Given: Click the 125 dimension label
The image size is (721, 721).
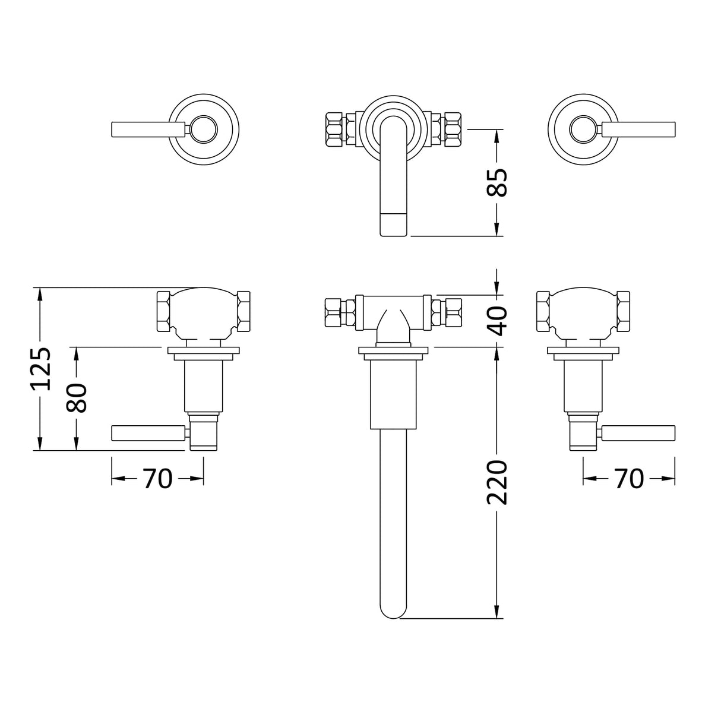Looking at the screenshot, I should [40, 369].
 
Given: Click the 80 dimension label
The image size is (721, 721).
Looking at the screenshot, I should [77, 398].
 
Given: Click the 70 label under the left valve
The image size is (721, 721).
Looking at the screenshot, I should [157, 479].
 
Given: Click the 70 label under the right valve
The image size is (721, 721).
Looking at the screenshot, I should [629, 479].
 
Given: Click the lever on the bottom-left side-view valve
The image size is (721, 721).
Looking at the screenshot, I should [148, 434].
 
